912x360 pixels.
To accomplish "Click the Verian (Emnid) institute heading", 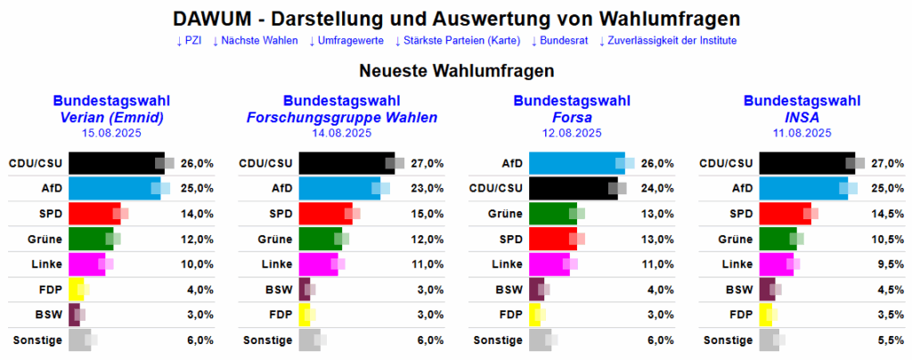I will click(x=111, y=118).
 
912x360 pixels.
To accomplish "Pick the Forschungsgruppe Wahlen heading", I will click(x=342, y=118).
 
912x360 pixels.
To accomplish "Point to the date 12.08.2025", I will click(x=572, y=133).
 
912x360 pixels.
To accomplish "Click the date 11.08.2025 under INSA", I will click(x=802, y=133).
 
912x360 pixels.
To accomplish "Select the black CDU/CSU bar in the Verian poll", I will click(x=116, y=163).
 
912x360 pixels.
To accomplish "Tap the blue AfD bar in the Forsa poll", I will click(x=575, y=163).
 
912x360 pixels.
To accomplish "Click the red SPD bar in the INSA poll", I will click(x=784, y=214).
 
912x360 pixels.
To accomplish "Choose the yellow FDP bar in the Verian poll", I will click(x=76, y=290).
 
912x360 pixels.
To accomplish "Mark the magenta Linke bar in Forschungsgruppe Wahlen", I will click(x=318, y=265).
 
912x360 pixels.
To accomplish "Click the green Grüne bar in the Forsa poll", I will click(x=552, y=214).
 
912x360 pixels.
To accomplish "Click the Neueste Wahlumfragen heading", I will click(x=456, y=70).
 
